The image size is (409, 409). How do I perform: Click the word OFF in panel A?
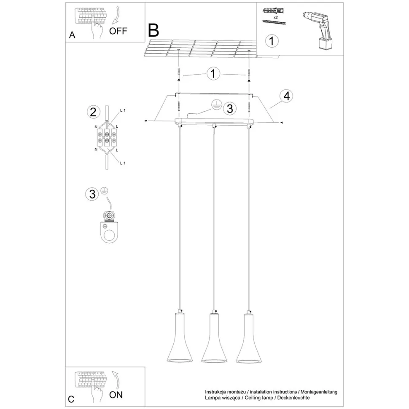(x=118, y=31)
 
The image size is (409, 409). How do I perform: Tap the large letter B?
(x=153, y=30)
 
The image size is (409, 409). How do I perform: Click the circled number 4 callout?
(x=286, y=96)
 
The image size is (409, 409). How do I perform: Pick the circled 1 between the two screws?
(x=213, y=74)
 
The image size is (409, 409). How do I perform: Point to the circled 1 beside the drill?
(x=272, y=41)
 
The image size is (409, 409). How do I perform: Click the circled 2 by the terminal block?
(x=93, y=112)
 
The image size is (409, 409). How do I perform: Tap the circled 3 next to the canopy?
(x=229, y=108)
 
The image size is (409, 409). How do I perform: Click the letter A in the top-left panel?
(x=72, y=35)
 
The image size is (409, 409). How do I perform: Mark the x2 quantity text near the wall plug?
(x=274, y=17)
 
